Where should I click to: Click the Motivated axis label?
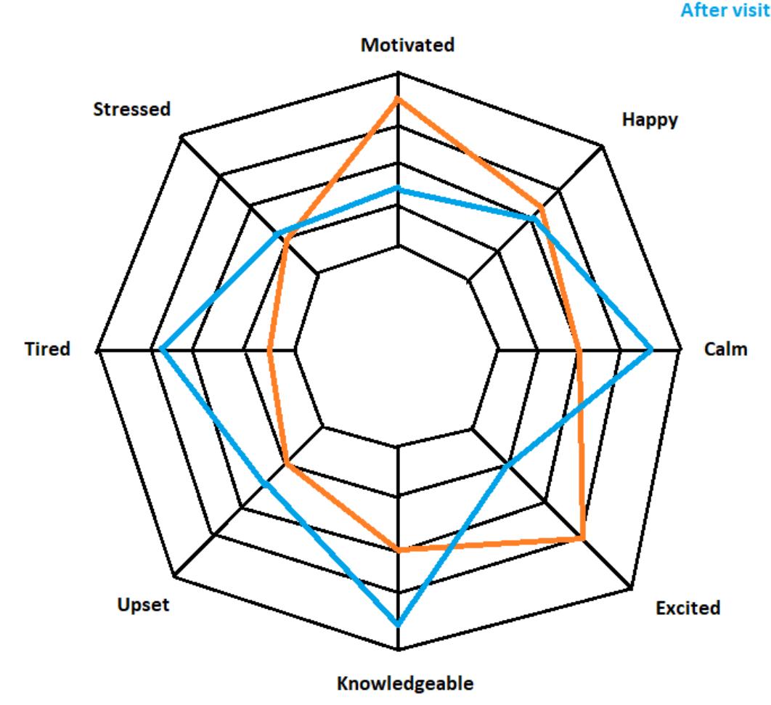(407, 45)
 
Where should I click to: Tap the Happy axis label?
(650, 120)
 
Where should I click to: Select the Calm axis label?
(725, 349)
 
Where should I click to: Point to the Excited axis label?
(688, 608)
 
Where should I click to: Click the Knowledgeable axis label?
(405, 683)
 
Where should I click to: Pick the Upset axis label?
(143, 605)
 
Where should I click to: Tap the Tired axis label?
(46, 349)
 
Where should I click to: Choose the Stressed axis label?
(132, 110)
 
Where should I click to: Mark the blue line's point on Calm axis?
(651, 350)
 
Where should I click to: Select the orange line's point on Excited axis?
(583, 538)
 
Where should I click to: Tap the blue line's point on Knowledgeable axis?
(398, 624)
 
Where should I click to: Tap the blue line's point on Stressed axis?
(277, 234)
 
